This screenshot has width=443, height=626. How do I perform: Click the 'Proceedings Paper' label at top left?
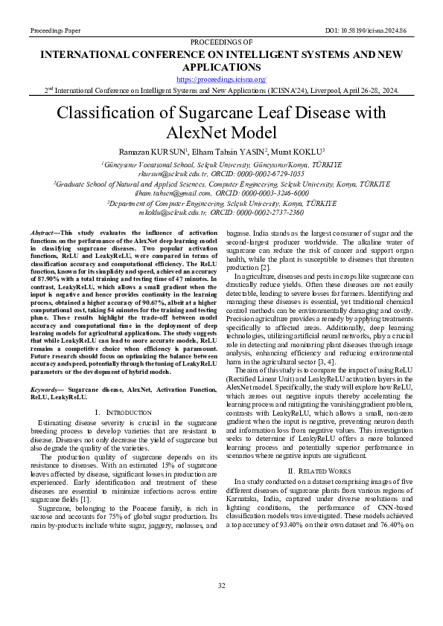(57, 30)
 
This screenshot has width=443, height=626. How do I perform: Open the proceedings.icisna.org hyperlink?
(221, 79)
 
